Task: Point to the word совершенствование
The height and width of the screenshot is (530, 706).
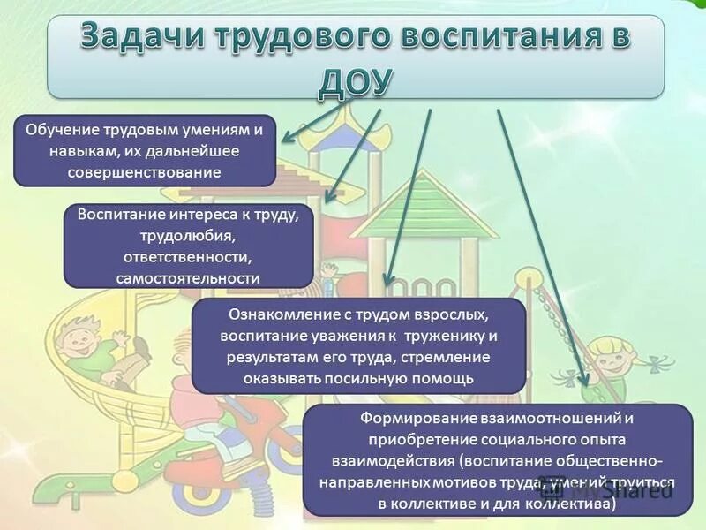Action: (x=145, y=171)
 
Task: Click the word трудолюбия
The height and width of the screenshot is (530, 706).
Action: (x=189, y=236)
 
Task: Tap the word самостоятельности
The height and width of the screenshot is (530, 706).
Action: (x=188, y=277)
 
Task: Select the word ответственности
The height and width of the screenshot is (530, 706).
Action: (x=189, y=257)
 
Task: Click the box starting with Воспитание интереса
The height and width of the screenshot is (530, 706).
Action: (x=189, y=246)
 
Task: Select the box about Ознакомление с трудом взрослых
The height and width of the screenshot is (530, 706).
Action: (x=358, y=345)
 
